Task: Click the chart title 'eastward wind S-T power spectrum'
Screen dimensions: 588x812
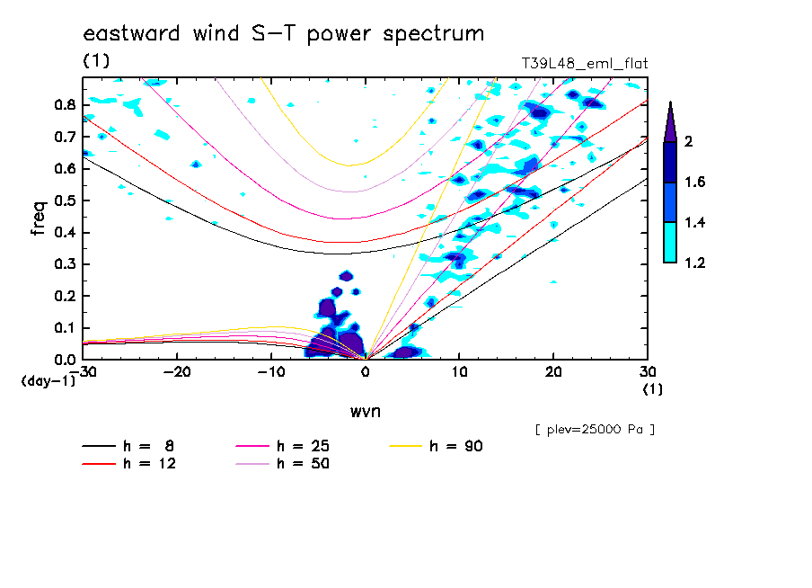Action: point(284,34)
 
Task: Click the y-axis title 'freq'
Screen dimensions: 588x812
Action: point(39,218)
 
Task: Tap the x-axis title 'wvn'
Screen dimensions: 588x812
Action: point(365,411)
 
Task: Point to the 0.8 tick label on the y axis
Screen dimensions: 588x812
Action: point(64,104)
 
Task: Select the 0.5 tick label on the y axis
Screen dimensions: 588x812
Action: point(64,200)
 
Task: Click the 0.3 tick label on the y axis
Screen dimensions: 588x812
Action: point(64,264)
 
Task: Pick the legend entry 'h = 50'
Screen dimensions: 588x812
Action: point(303,464)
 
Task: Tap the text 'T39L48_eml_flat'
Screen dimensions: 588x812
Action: point(585,64)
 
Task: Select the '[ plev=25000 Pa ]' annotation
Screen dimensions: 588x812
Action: point(595,430)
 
